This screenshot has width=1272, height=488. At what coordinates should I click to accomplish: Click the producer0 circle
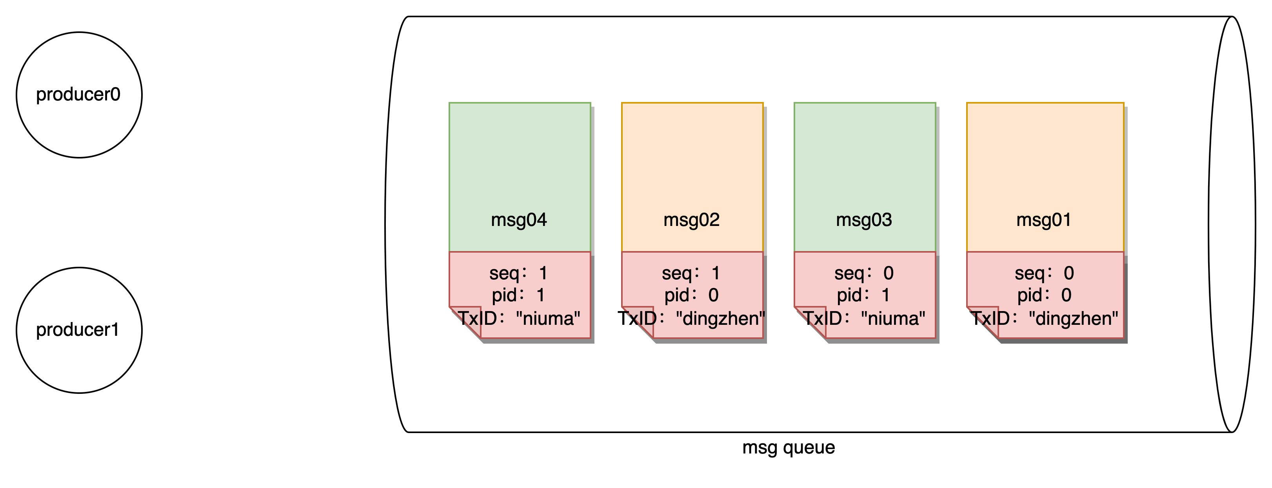tap(79, 95)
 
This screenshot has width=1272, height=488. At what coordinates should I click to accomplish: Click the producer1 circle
tap(79, 330)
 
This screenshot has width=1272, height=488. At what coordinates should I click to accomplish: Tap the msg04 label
tap(519, 220)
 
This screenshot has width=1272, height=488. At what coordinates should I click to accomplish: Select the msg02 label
tap(691, 220)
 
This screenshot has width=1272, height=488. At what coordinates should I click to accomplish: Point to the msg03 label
tap(864, 220)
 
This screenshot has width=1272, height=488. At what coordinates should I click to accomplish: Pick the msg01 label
tap(1044, 220)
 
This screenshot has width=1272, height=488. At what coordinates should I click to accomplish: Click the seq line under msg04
tap(519, 273)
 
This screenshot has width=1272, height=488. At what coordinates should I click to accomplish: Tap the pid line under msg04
tap(519, 295)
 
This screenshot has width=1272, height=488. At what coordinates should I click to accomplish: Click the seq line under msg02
tap(691, 273)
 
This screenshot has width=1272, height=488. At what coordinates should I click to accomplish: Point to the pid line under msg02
tap(691, 295)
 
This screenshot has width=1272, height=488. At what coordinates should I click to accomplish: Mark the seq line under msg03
tap(864, 273)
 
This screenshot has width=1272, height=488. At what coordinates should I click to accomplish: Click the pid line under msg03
tap(864, 295)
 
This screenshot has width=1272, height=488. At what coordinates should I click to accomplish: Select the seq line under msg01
tap(1044, 273)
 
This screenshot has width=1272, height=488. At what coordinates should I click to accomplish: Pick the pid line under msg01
tap(1044, 295)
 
